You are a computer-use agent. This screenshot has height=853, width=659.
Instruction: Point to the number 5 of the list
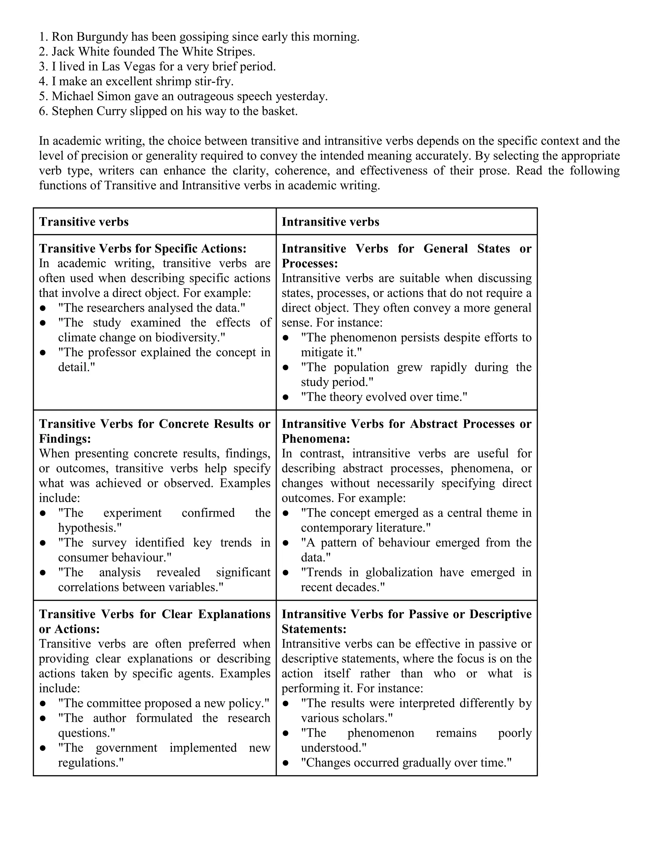click(42, 97)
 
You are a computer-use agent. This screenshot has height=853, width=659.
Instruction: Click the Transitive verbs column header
click(84, 222)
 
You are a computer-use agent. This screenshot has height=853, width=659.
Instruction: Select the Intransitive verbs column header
click(330, 222)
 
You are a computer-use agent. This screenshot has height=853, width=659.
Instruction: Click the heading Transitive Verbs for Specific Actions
click(143, 249)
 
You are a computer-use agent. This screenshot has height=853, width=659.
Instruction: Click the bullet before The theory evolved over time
click(286, 397)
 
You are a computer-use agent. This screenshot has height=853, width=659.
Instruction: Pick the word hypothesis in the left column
click(88, 528)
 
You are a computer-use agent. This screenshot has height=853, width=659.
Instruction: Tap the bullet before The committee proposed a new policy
click(43, 703)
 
